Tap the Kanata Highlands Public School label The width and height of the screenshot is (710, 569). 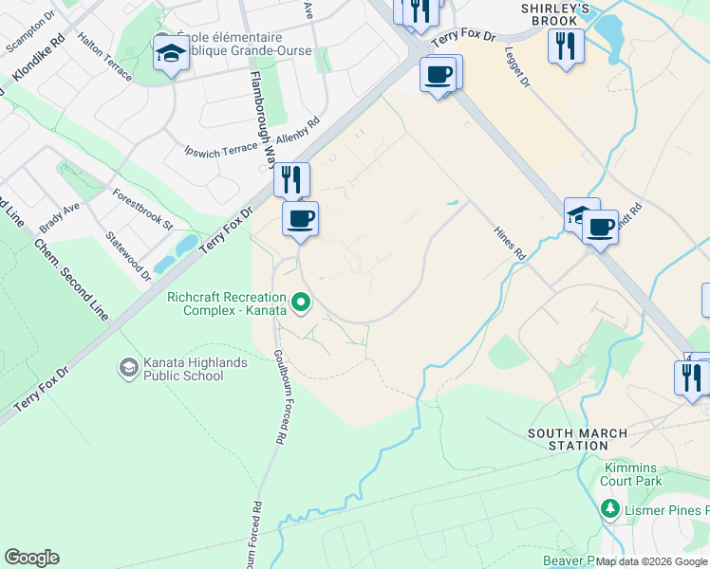pyautogui.click(x=196, y=369)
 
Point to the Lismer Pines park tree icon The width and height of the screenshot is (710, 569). pyautogui.click(x=610, y=510)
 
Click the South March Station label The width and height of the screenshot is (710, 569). pyautogui.click(x=577, y=439)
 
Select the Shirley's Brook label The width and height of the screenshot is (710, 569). pyautogui.click(x=555, y=14)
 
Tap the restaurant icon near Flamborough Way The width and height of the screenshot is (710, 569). pyautogui.click(x=291, y=179)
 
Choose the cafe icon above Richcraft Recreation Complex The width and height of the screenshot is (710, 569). pyautogui.click(x=300, y=220)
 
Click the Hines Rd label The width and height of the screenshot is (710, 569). pyautogui.click(x=510, y=242)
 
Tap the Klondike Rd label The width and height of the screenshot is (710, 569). pyautogui.click(x=39, y=58)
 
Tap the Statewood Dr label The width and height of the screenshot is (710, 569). pyautogui.click(x=129, y=255)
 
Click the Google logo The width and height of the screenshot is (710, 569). pyautogui.click(x=31, y=558)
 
